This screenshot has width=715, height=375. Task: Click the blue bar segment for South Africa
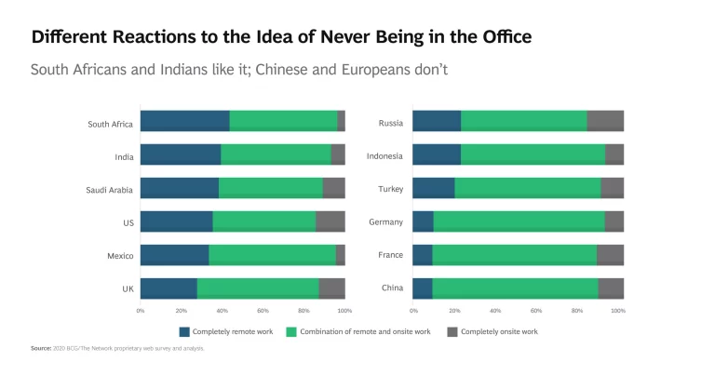(184, 121)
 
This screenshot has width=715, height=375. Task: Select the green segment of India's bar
(276, 154)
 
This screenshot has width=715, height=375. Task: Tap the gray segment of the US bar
(331, 221)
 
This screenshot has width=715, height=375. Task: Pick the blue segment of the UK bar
(169, 288)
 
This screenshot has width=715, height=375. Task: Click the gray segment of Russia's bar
(605, 121)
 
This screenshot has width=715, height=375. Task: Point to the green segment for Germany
(519, 221)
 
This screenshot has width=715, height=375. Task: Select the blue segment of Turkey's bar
(434, 188)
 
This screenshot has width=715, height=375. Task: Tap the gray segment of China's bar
(611, 288)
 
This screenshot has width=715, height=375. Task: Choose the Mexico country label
(120, 256)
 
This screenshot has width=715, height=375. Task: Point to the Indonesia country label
(384, 155)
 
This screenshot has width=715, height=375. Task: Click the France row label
(391, 256)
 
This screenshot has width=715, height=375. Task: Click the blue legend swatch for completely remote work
(185, 331)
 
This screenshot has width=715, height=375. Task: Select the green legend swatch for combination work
(290, 331)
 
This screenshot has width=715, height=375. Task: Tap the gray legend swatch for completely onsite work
(452, 331)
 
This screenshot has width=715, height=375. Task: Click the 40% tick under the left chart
(222, 311)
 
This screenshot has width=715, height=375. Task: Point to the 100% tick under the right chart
(618, 311)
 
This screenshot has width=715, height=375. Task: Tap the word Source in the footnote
(41, 348)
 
